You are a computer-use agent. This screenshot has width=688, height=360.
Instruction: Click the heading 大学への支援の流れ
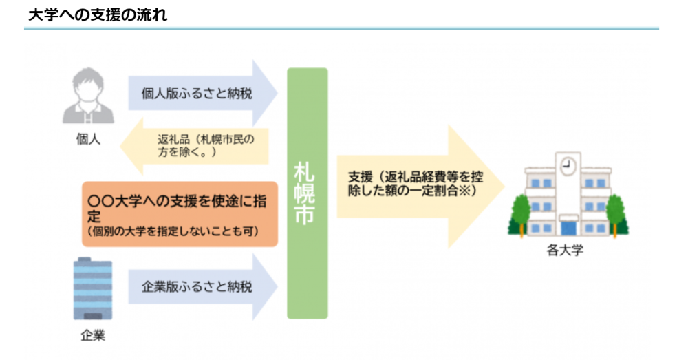[98, 14]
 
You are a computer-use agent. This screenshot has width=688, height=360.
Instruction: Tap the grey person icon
[88, 95]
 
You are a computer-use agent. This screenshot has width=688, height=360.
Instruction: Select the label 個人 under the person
[88, 139]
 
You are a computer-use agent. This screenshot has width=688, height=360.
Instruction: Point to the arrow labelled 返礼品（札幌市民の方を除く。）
[194, 146]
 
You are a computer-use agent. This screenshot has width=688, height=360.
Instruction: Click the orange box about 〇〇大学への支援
[180, 214]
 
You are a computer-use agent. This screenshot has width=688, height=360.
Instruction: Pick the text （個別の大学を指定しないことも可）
[173, 231]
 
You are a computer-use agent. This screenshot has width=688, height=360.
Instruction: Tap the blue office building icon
[93, 288]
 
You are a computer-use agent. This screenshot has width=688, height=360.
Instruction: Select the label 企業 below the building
[93, 335]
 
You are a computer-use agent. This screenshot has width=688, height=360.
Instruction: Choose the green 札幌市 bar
[307, 193]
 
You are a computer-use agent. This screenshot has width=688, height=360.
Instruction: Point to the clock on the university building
[568, 165]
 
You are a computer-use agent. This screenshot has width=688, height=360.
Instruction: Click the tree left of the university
[521, 215]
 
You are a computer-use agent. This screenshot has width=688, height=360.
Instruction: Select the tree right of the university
[616, 215]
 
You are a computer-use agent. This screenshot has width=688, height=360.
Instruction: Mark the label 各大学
[565, 251]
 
